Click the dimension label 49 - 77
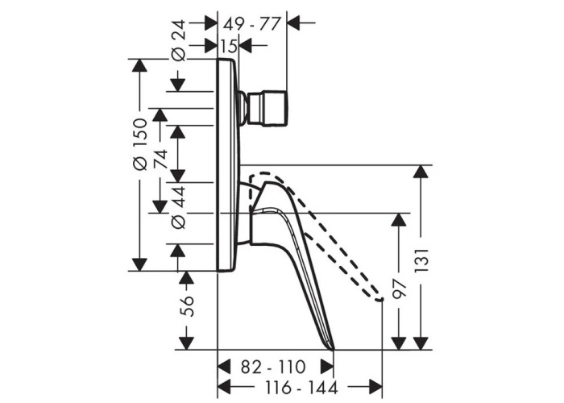[x=251, y=24]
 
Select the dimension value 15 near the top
[x=228, y=46]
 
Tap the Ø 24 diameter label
[x=179, y=40]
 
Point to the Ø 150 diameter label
[x=139, y=144]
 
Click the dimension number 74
[x=161, y=159]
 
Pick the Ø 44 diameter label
[x=179, y=208]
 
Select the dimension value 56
[x=187, y=305]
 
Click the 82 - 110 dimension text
[x=273, y=368]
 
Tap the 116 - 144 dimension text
[x=301, y=388]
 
